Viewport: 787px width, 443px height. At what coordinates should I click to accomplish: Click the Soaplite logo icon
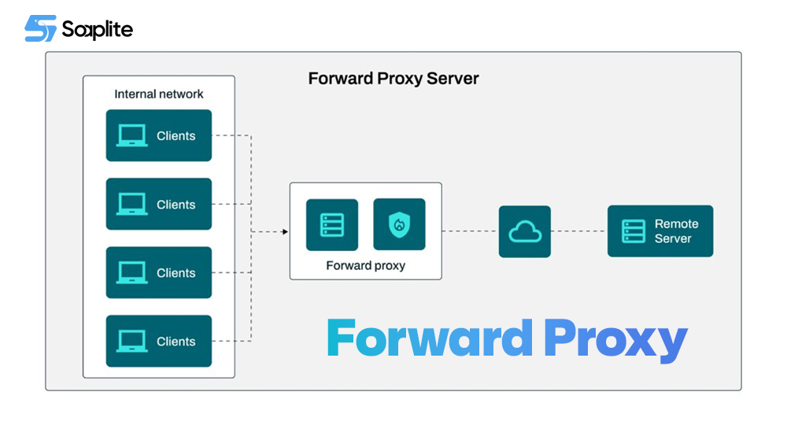point(40,29)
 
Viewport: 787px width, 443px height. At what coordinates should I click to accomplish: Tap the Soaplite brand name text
point(98,30)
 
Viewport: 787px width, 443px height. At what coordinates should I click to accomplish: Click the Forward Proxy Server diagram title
point(393,79)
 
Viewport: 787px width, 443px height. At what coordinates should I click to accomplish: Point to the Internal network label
point(159,94)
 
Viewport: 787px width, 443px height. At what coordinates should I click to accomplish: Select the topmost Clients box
point(159,135)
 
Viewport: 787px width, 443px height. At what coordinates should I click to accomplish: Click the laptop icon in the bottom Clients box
point(131,341)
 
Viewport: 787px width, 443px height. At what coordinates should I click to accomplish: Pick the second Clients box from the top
point(159,204)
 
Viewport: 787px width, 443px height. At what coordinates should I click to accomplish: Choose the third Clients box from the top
point(159,272)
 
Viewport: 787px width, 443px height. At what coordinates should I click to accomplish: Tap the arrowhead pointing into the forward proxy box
point(284,231)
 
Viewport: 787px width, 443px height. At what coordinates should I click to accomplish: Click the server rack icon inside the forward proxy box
point(332,225)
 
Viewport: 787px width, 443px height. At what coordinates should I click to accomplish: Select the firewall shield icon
point(399,225)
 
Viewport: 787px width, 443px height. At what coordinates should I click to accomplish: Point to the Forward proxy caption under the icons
point(365,266)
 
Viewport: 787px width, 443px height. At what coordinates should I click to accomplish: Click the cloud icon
point(525,231)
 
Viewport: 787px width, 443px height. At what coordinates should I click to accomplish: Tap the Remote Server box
point(660,231)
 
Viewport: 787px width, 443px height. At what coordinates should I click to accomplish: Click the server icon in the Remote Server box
point(634,231)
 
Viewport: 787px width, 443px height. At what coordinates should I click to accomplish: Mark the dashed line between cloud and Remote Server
point(579,231)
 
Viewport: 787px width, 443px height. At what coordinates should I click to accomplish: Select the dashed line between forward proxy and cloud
point(470,231)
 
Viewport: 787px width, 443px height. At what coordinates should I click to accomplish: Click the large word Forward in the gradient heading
point(429,339)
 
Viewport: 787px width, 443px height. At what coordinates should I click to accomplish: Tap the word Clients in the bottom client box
point(176,341)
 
